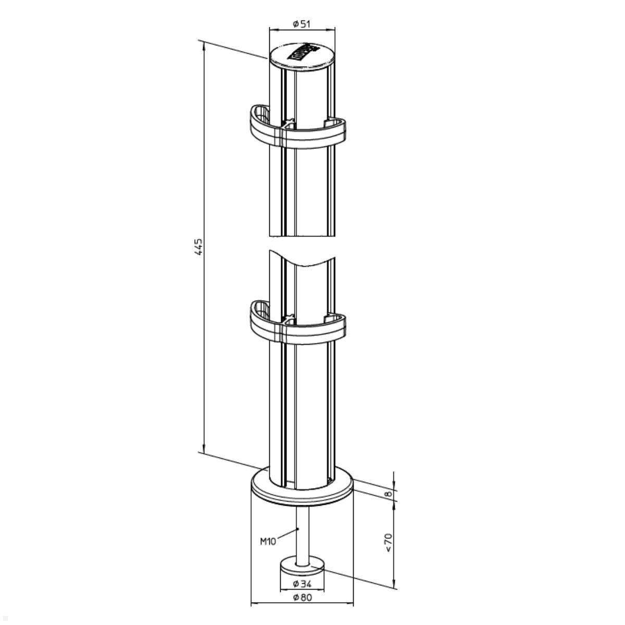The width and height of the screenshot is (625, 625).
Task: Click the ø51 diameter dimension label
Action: [x=302, y=23]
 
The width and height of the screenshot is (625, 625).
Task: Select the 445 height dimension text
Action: [x=198, y=247]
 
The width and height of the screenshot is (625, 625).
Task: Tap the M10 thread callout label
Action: [x=268, y=541]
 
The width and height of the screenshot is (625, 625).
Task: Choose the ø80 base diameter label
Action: [x=302, y=597]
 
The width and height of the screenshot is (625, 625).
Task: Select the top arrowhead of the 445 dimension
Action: [x=204, y=45]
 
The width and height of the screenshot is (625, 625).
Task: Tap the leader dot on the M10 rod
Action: [x=298, y=529]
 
